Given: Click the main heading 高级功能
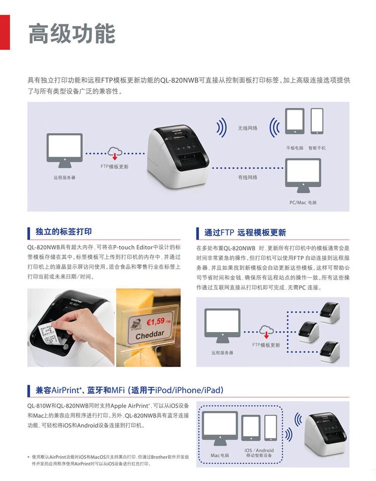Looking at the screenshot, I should pyautogui.click(x=72, y=34).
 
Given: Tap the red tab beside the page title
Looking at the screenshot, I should pyautogui.click(x=5, y=32).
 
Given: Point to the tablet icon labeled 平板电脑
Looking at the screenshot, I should pyautogui.click(x=294, y=122).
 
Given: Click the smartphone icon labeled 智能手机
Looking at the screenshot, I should pyautogui.click(x=317, y=121).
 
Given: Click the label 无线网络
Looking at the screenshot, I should pyautogui.click(x=248, y=128).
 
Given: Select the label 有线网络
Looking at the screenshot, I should pyautogui.click(x=248, y=177).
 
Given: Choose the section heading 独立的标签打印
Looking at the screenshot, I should pyautogui.click(x=64, y=232).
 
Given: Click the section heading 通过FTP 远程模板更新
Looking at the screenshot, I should pyautogui.click(x=245, y=233).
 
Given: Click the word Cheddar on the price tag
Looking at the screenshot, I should pyautogui.click(x=150, y=334).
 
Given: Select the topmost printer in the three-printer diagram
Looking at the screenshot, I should pyautogui.click(x=330, y=312).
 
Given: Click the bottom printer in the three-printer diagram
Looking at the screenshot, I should pyautogui.click(x=330, y=351).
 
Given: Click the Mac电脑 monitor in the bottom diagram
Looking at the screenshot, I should pyautogui.click(x=220, y=429).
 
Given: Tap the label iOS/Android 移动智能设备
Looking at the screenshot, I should pyautogui.click(x=259, y=453).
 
